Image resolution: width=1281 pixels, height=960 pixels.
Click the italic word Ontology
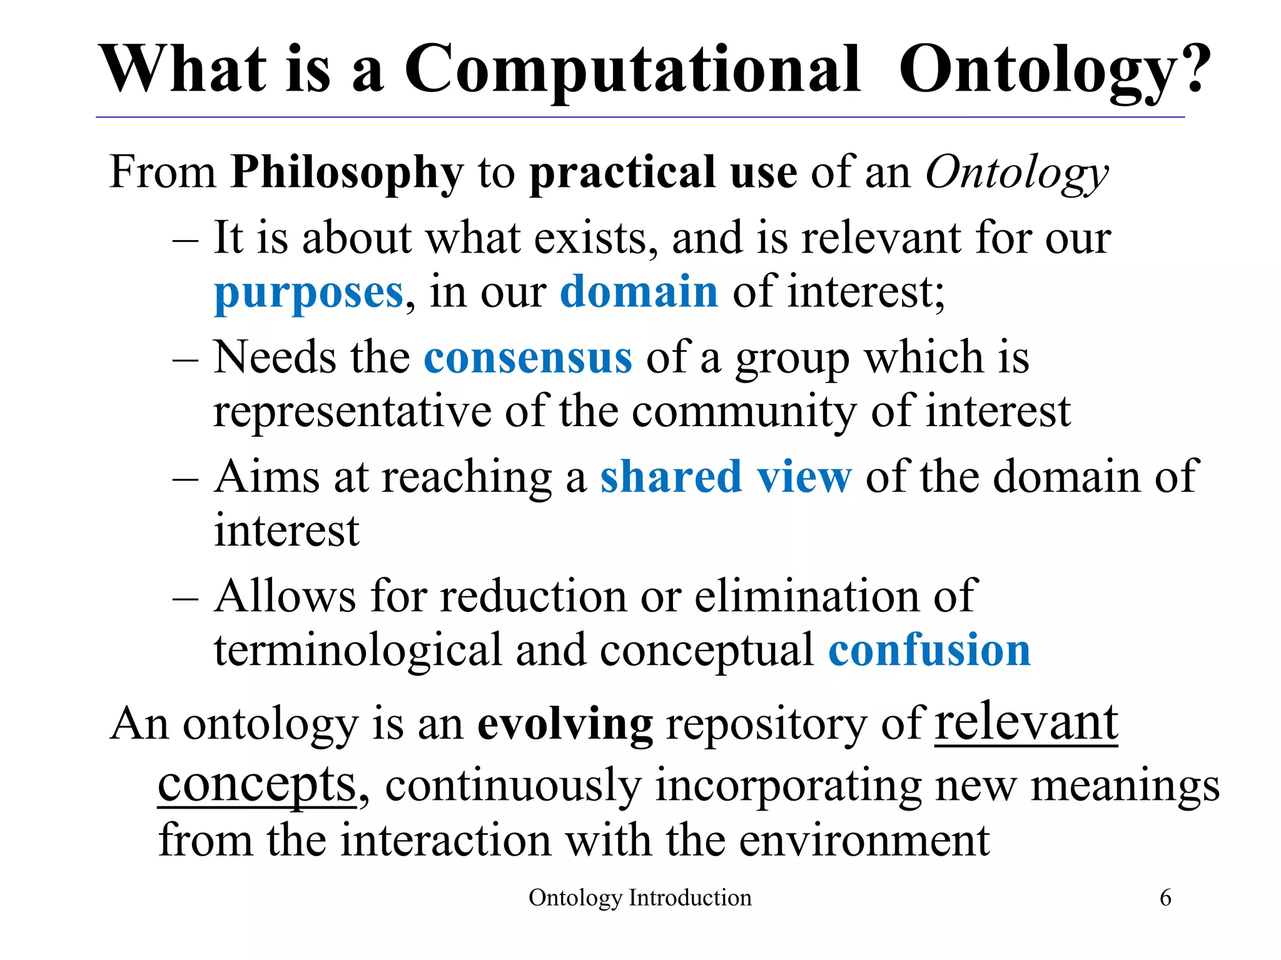pyautogui.click(x=1016, y=172)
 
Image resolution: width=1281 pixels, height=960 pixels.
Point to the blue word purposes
pyautogui.click(x=308, y=292)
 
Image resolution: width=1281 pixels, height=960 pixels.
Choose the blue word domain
pyautogui.click(x=639, y=291)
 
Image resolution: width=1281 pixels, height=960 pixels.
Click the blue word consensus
pyautogui.click(x=528, y=357)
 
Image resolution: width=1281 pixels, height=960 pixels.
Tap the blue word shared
pyautogui.click(x=671, y=476)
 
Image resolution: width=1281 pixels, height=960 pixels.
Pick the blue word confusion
pyautogui.click(x=929, y=650)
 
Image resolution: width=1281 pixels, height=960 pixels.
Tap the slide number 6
pyautogui.click(x=1165, y=897)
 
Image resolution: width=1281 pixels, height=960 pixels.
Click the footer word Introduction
pyautogui.click(x=690, y=897)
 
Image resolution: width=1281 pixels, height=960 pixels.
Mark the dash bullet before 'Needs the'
pyautogui.click(x=185, y=360)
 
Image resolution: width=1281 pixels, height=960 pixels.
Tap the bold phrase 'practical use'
pyautogui.click(x=663, y=172)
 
